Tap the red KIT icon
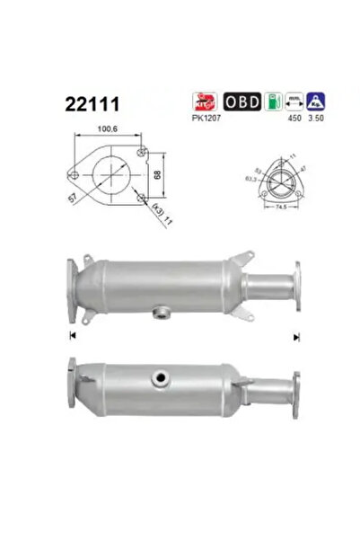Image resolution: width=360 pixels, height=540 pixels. pyautogui.click(x=206, y=101)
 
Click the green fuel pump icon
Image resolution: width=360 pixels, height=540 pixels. pyautogui.click(x=273, y=101)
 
